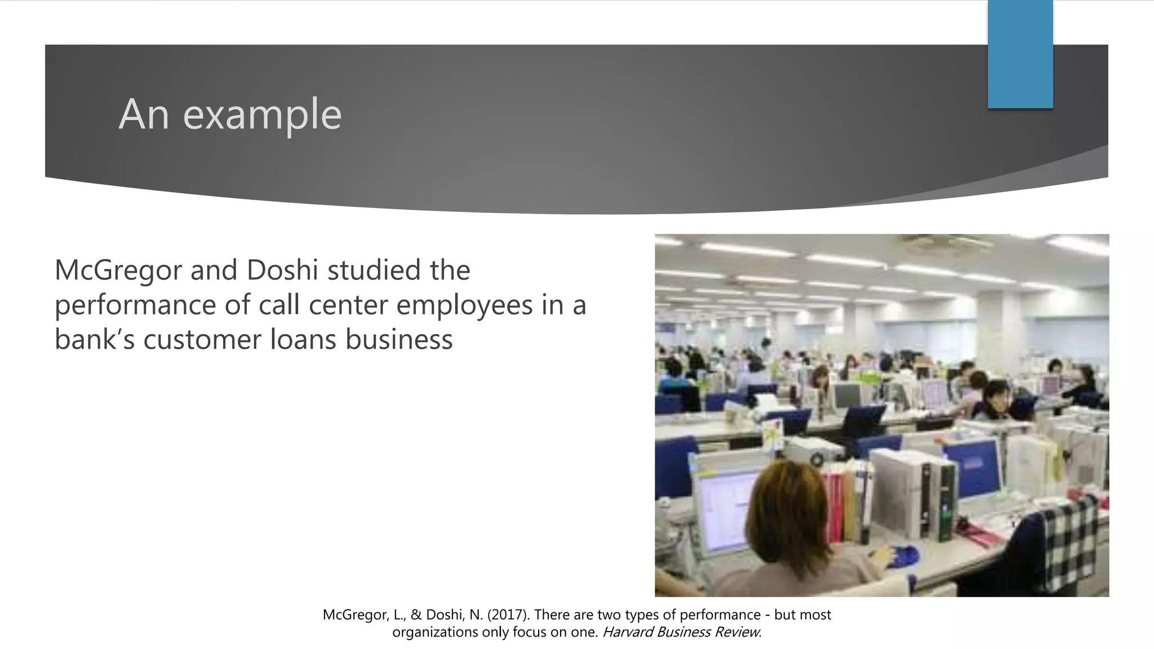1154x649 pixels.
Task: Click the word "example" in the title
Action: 263,114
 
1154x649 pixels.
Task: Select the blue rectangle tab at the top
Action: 1020,54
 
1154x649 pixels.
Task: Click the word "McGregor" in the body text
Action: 118,270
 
